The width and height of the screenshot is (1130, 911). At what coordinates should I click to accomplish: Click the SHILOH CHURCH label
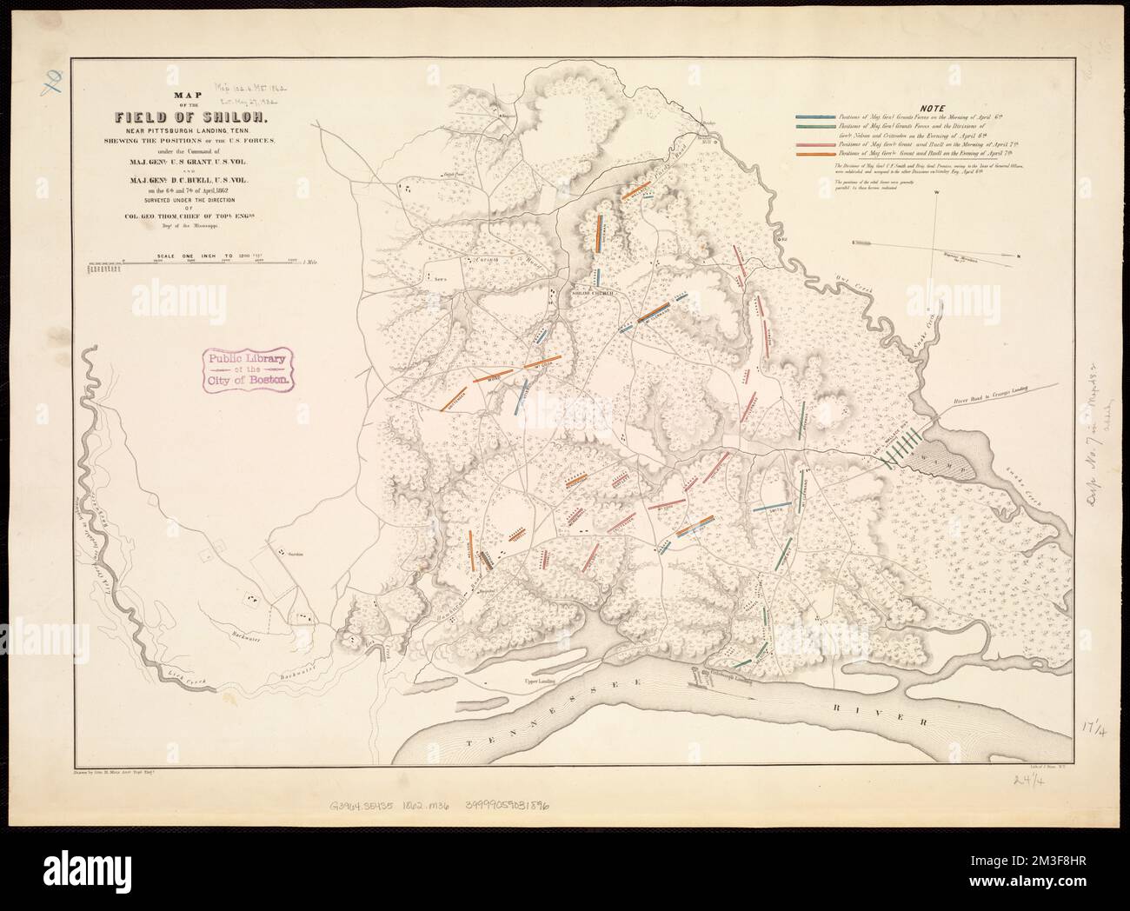pos(592,294)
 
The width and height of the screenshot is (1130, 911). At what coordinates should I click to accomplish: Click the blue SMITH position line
pos(770,508)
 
